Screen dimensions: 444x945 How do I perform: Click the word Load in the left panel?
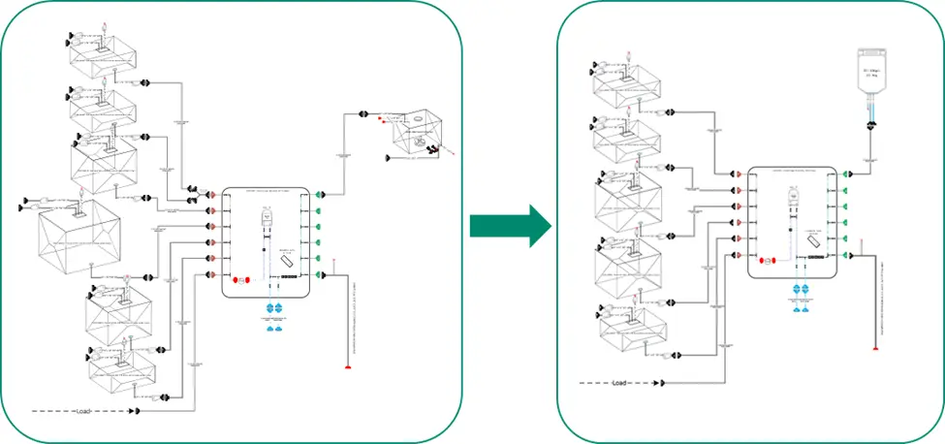[83, 412]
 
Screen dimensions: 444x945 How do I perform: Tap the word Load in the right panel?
[620, 383]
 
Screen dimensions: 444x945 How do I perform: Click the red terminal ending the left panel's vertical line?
[348, 367]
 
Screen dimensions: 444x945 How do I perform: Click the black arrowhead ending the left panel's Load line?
[139, 412]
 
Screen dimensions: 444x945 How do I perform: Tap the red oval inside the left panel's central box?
[243, 280]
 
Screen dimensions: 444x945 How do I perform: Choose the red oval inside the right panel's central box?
[765, 260]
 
